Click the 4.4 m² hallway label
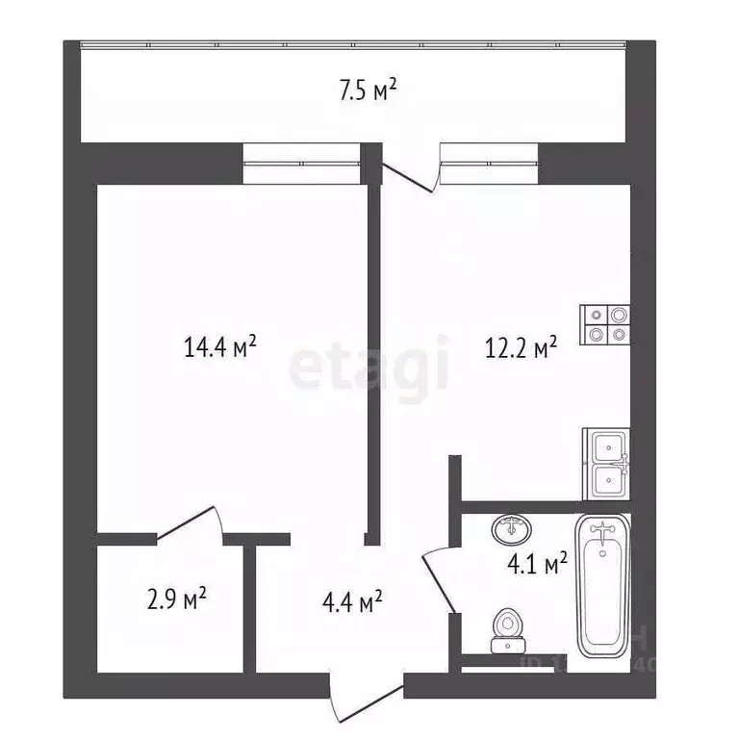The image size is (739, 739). [x=352, y=603]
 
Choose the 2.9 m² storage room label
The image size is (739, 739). [x=176, y=600]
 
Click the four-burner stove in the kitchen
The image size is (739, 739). [x=605, y=323]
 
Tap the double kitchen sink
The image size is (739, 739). [x=607, y=462]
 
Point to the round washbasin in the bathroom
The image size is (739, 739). [x=507, y=530]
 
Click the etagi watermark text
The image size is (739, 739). [x=369, y=364]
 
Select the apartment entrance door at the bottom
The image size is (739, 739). [x=367, y=697]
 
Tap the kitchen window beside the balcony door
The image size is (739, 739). [x=489, y=163]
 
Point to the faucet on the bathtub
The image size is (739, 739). [x=604, y=528]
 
